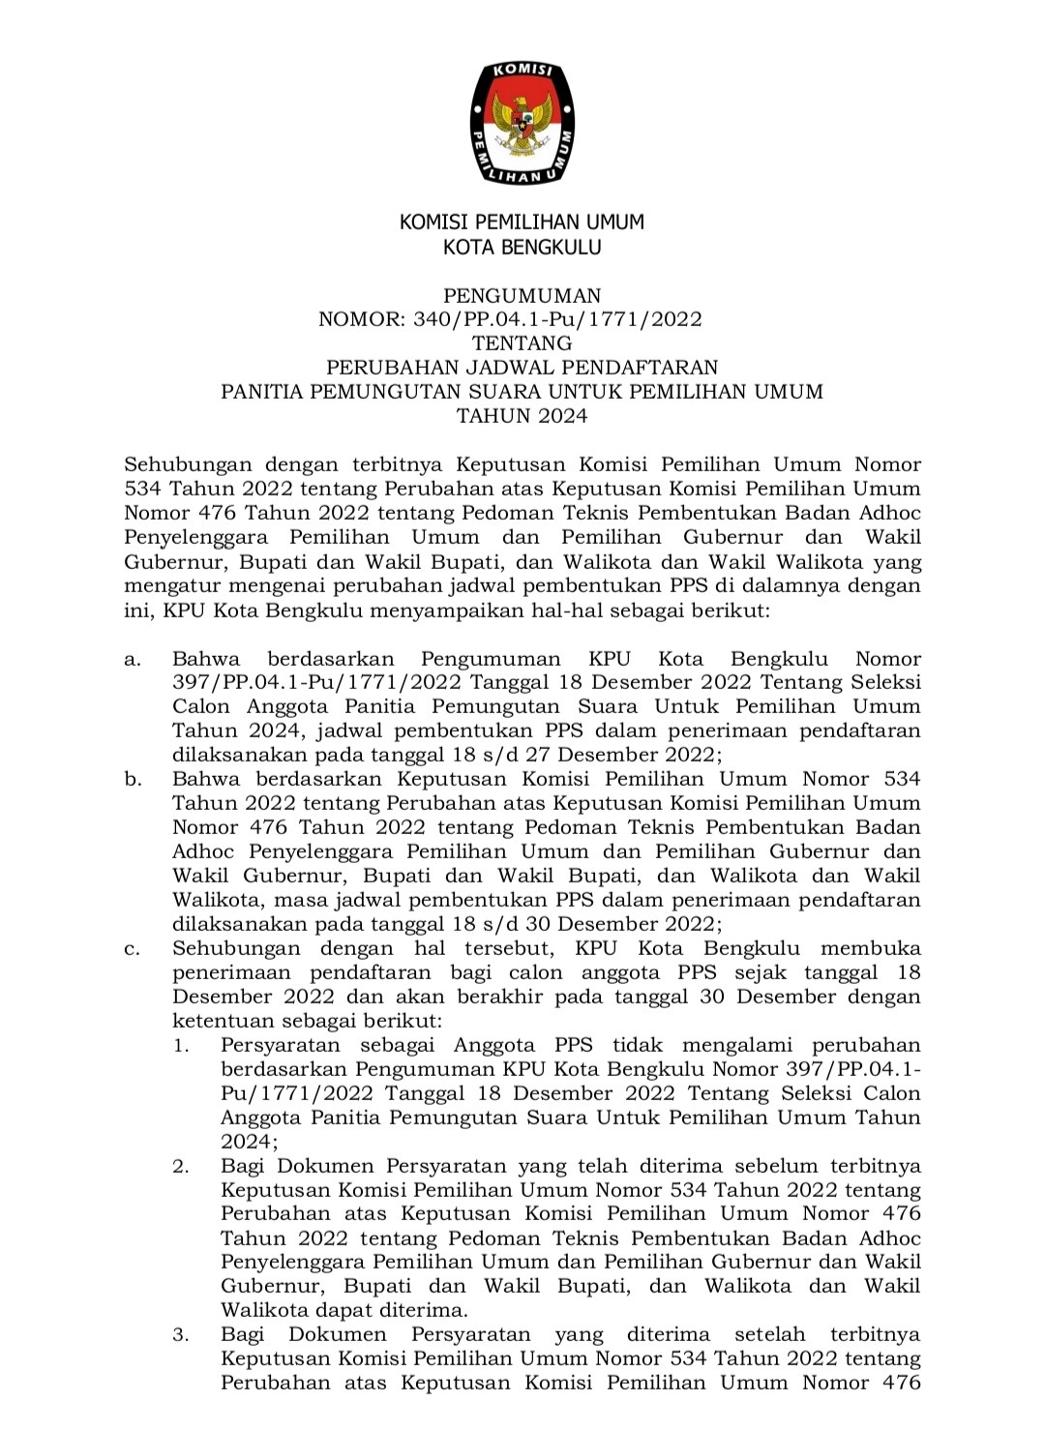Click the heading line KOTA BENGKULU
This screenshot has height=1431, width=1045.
pos(522,248)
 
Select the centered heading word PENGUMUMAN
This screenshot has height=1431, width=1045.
pos(522,295)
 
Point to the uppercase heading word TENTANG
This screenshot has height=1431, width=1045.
pos(522,343)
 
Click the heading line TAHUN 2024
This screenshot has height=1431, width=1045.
pos(522,416)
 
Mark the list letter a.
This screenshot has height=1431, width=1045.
pos(133,660)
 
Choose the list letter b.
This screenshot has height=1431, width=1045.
pos(133,780)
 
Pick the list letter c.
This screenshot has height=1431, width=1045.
pos(133,949)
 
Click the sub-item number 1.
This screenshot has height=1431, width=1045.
pos(181,1046)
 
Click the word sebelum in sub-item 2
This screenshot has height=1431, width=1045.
pos(773,1167)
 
